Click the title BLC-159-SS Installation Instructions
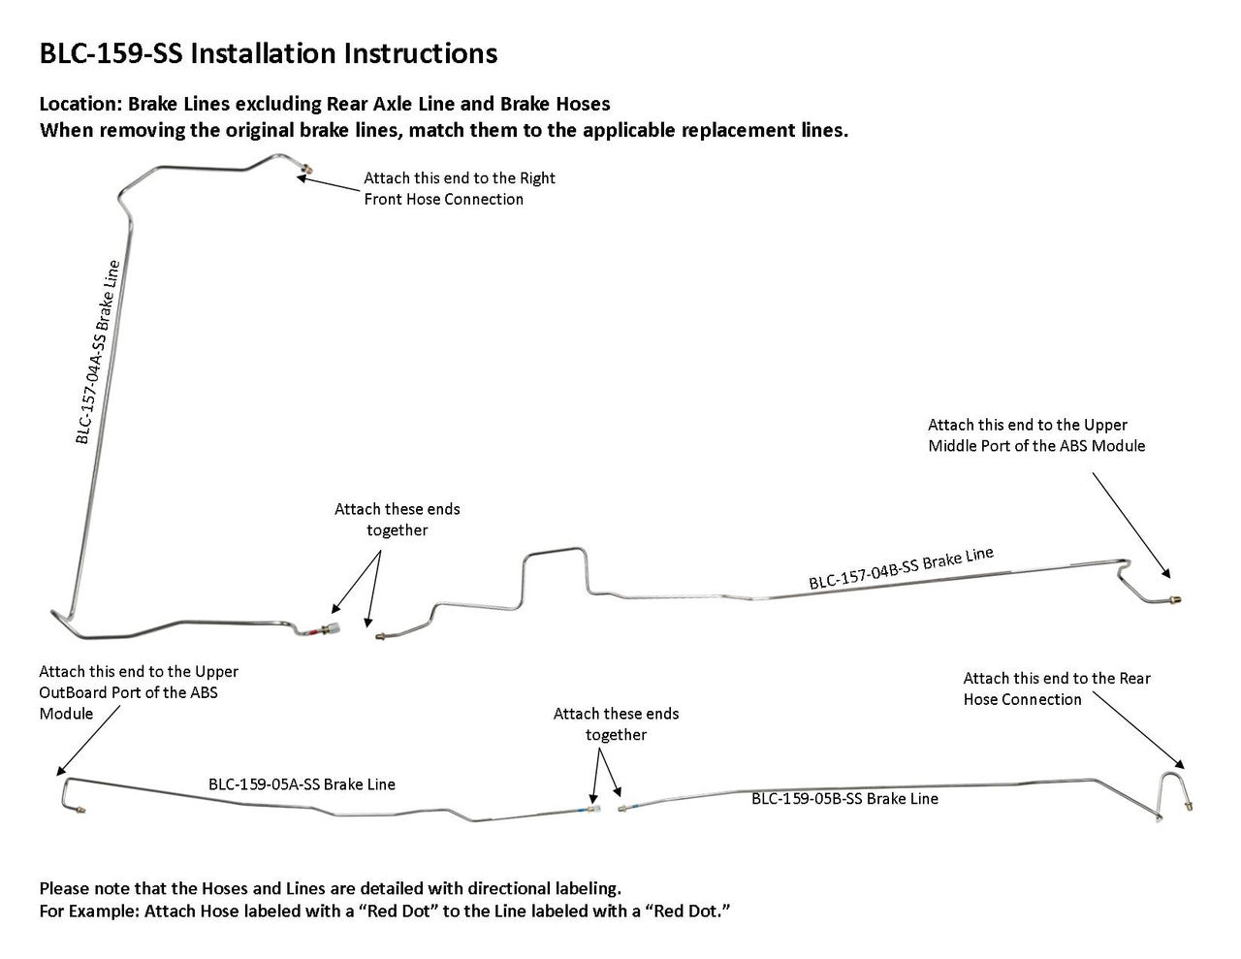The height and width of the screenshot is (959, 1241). pos(268,53)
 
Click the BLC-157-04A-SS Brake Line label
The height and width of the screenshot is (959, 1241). pos(98,352)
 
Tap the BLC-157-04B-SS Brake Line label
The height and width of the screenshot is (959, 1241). pos(901,568)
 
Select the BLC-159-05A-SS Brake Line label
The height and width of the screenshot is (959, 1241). pos(302,784)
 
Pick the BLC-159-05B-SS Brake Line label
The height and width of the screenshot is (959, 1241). pos(844,799)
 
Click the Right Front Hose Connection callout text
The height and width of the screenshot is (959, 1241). pos(459,189)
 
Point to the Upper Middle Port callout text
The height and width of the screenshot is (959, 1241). pos(1035,435)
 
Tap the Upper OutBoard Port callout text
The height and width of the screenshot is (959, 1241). pos(138,692)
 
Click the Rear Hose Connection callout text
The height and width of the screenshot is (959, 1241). pos(1056,688)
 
